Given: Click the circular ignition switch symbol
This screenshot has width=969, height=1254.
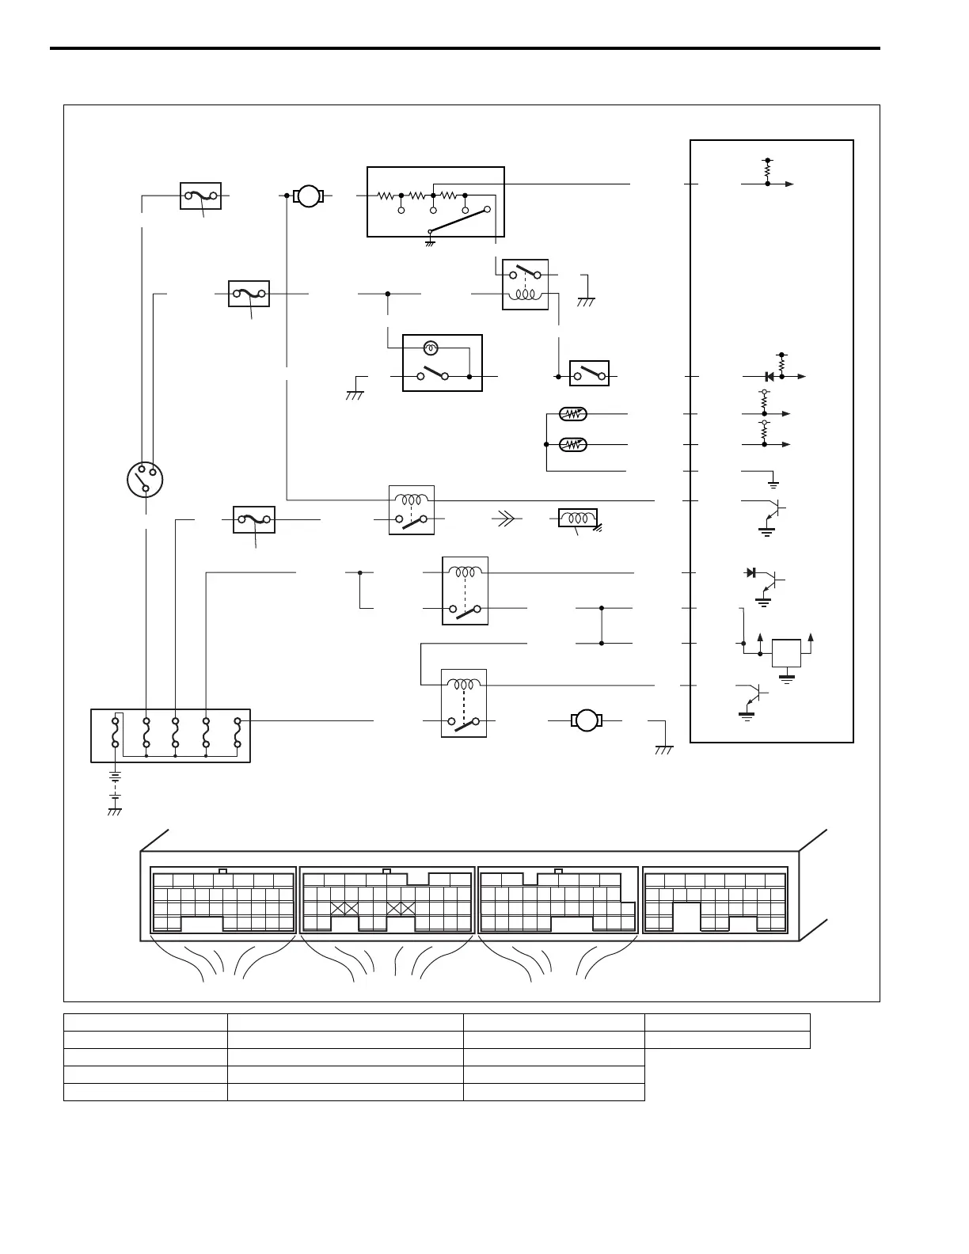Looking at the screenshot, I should pos(146,480).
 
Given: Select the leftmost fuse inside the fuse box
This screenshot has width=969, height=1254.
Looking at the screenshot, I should pos(116,733).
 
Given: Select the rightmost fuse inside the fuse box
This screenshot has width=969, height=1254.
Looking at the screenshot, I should pos(237,733).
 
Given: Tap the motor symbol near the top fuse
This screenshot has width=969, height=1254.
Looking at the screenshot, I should pos(309,195).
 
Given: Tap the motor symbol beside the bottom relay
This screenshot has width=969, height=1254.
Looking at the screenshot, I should pos(586,720).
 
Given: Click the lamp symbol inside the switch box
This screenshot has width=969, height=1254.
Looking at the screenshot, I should pos(431,348).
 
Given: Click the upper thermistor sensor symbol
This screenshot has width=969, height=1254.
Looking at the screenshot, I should pos(572,414).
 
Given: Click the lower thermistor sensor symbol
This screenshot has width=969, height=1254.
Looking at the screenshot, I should pos(572,444).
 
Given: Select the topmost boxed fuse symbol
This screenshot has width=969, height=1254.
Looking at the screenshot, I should pos(200,195).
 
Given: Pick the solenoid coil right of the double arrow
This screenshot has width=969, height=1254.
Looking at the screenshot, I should pos(577,519).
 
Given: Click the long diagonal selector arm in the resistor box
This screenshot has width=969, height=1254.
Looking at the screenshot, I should pos(458,221).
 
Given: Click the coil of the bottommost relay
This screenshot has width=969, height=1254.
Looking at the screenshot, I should pos(464,685).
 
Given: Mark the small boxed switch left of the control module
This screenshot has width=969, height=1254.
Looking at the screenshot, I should pos(589,373).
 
